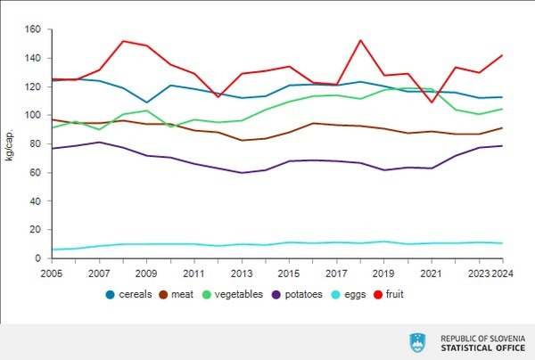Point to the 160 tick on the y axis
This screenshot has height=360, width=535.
coord(35,29)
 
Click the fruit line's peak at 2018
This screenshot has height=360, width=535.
coord(359,40)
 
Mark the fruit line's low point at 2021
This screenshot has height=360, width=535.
coord(432,102)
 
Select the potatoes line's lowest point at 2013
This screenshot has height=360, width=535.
coord(242,173)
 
